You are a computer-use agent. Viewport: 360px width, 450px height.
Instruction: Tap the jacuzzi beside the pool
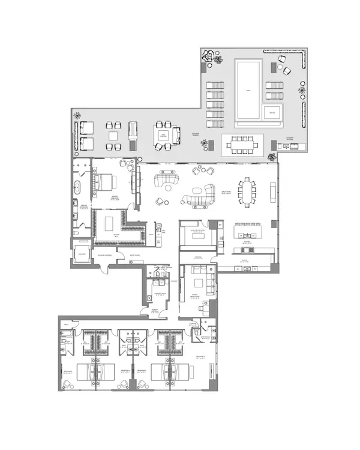click(x=271, y=112)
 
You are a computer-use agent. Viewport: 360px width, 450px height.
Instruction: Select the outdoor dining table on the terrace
click(x=244, y=144)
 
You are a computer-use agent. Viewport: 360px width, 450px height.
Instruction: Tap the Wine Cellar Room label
click(x=195, y=229)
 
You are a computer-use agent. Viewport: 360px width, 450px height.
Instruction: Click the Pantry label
click(x=245, y=260)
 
